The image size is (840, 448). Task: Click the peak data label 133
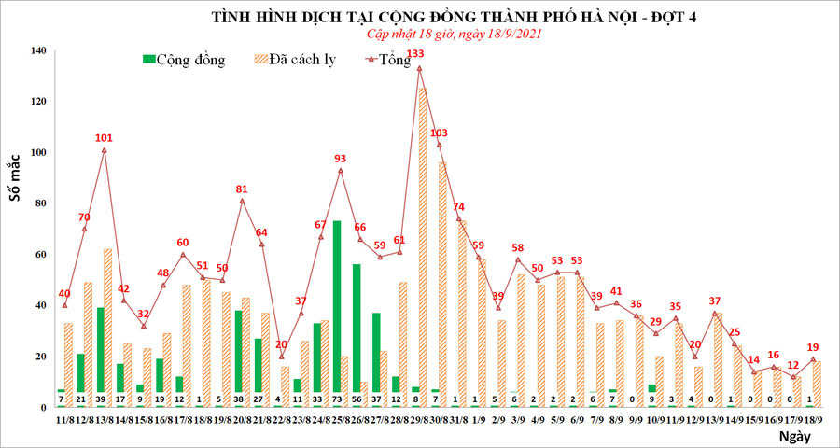[x=419, y=54]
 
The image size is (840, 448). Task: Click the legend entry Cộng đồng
[x=184, y=60]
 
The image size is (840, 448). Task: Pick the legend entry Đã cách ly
[x=294, y=60]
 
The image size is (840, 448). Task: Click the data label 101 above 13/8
[x=104, y=138]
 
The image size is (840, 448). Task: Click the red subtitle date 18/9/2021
[x=511, y=34]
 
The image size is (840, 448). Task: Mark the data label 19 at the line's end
[x=813, y=345]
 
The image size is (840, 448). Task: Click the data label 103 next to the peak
[x=441, y=133]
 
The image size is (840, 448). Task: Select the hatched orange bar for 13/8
[x=108, y=327]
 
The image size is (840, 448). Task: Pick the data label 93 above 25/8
[x=341, y=159]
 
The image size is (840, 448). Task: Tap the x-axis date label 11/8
[x=64, y=421]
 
